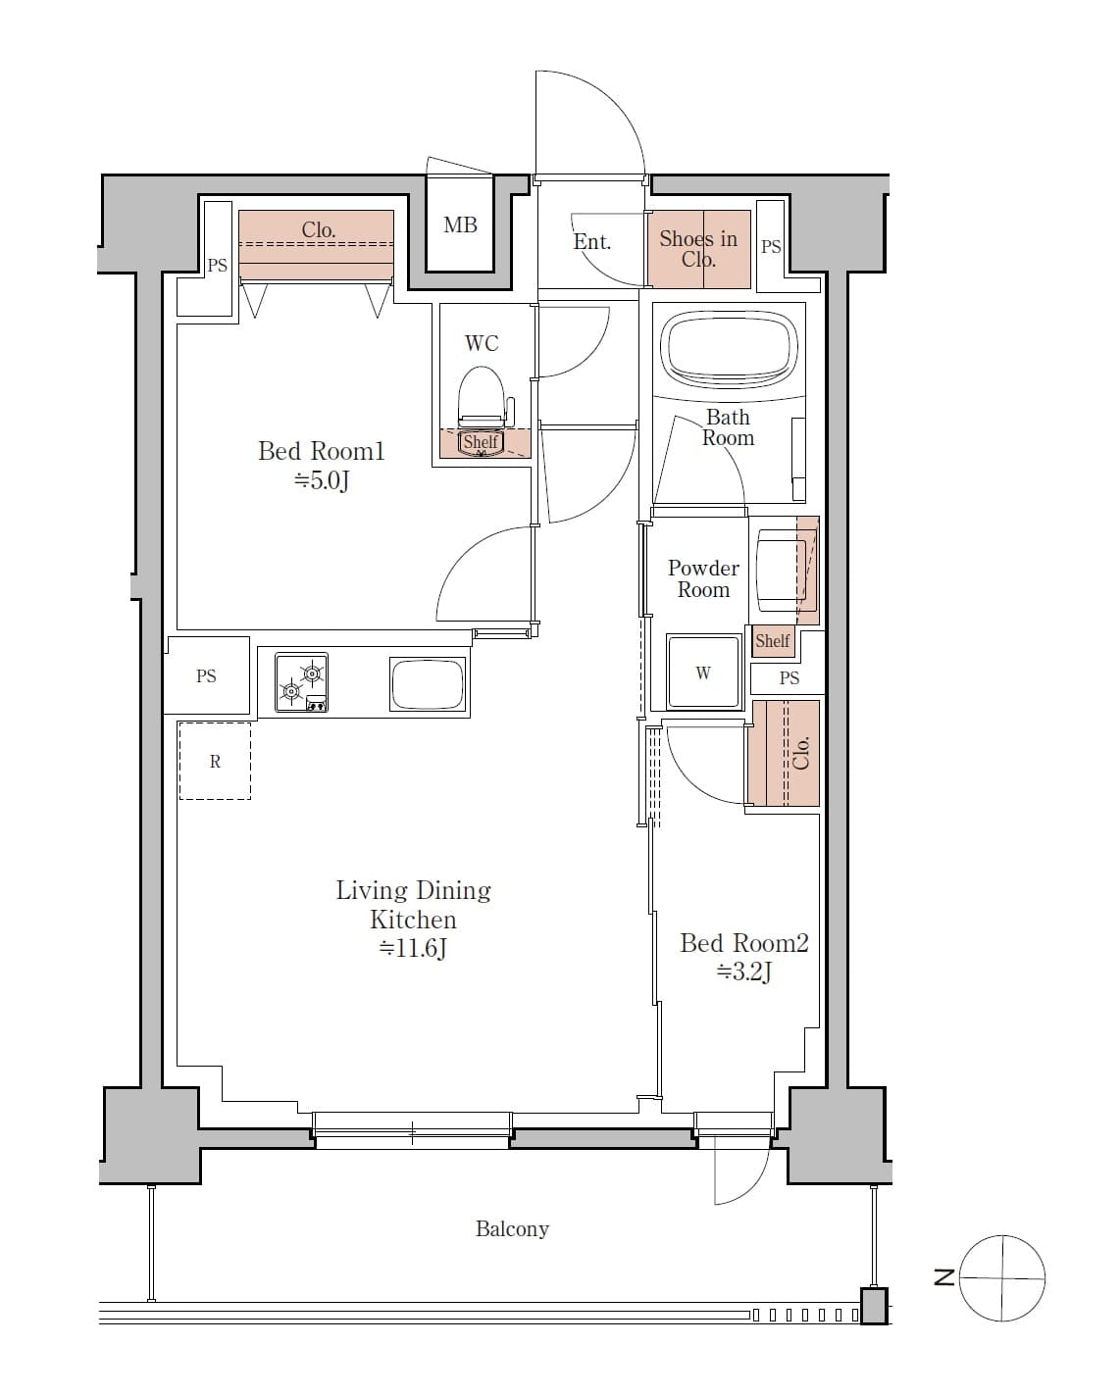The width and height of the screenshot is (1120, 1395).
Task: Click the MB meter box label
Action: tap(460, 225)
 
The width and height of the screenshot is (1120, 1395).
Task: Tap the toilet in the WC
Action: tap(481, 396)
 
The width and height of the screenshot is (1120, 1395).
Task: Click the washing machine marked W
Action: tap(703, 673)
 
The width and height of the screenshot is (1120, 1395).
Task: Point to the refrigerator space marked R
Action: tap(215, 762)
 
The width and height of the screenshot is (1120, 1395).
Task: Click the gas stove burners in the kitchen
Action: tap(301, 682)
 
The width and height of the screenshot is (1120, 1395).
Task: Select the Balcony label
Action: tap(512, 1229)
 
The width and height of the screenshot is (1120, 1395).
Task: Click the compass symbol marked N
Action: tap(1002, 1277)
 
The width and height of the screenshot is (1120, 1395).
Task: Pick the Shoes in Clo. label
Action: tap(698, 249)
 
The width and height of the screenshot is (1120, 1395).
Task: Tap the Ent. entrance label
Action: tap(592, 242)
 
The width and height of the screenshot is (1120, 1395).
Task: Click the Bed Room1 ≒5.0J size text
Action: tap(322, 480)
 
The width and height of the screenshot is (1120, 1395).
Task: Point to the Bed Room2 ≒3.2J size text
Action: tap(744, 972)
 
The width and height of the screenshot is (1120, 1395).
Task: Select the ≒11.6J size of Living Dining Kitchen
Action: tap(413, 949)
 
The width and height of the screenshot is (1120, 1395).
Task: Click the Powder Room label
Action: tap(703, 578)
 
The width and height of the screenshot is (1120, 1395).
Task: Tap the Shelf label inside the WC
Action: tap(481, 442)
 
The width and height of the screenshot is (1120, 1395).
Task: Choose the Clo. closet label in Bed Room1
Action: tap(318, 230)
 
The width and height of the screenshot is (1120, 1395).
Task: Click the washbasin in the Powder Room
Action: tap(780, 567)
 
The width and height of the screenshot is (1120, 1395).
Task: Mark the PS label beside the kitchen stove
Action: tap(206, 676)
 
